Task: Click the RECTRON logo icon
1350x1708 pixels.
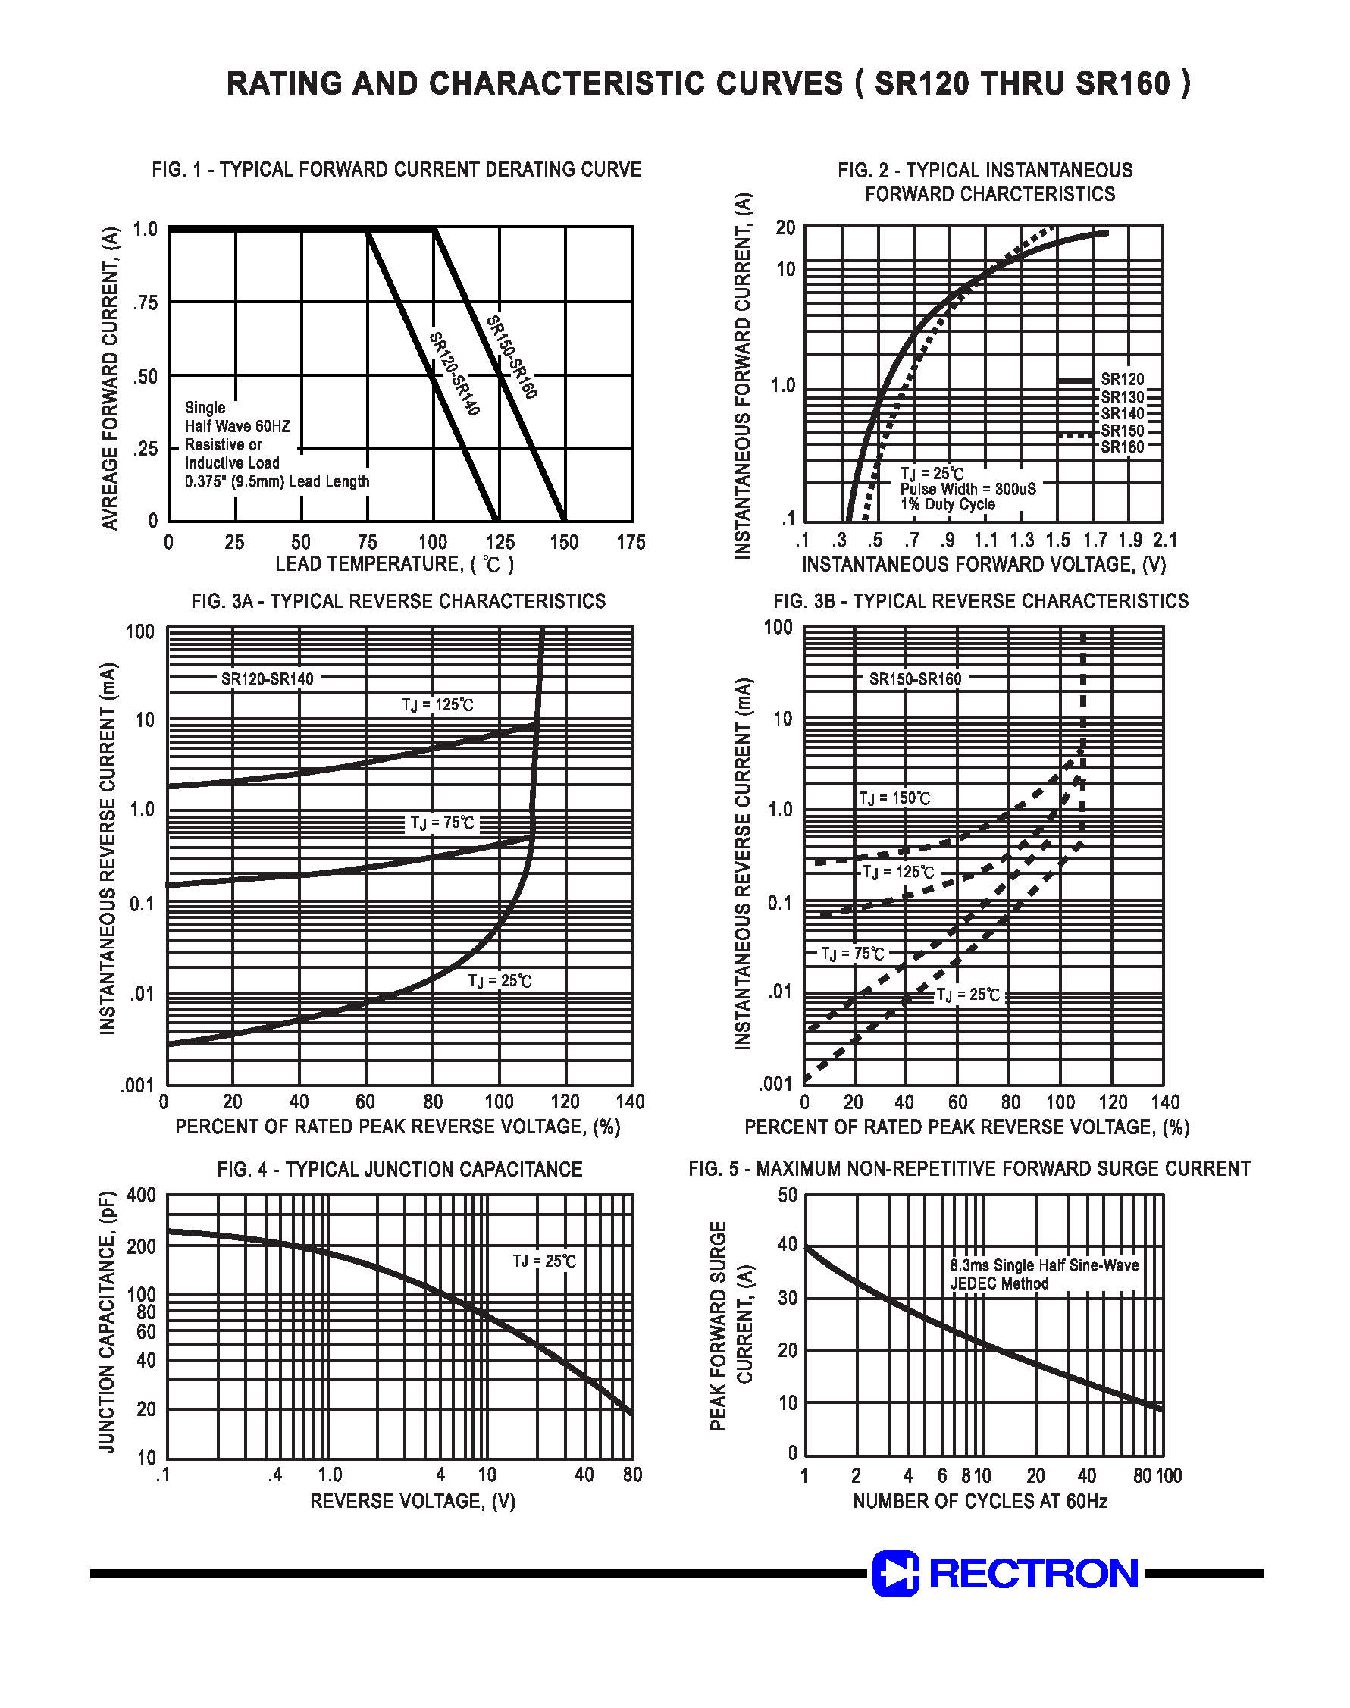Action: point(895,1573)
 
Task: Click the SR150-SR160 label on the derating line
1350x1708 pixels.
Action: point(512,357)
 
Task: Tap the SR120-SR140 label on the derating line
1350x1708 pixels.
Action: point(455,374)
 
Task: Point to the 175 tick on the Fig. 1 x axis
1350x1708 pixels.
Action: point(631,542)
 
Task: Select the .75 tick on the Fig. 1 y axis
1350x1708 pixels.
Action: point(145,302)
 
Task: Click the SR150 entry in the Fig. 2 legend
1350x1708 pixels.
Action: point(1123,431)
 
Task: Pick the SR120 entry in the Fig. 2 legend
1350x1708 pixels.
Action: point(1123,379)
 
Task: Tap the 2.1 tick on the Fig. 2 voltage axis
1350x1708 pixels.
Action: point(1164,540)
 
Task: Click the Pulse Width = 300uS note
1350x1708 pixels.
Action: point(967,489)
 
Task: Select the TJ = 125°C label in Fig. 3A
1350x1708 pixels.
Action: point(438,705)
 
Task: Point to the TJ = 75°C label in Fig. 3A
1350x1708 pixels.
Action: point(442,823)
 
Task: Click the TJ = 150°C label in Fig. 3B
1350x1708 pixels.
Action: point(894,798)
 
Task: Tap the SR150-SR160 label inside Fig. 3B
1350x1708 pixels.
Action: point(915,679)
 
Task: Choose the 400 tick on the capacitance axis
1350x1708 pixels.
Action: point(142,1195)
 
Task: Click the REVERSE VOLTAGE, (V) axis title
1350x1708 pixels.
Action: point(412,1501)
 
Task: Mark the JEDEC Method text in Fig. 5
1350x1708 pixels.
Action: point(999,1284)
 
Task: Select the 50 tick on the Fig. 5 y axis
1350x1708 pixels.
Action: point(788,1195)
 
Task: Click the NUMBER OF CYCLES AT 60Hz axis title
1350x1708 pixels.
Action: point(980,1501)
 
